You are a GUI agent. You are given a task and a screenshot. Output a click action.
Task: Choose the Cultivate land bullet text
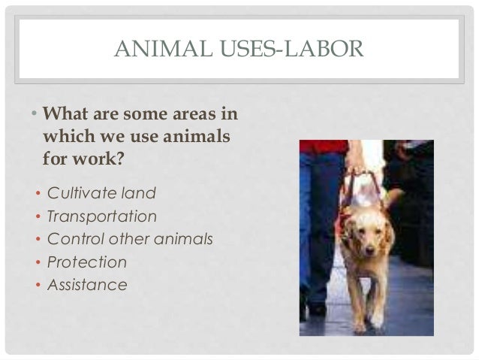coord(101,193)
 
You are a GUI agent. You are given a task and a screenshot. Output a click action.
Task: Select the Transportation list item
coord(102,216)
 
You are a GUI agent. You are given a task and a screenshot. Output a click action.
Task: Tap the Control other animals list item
coord(130,239)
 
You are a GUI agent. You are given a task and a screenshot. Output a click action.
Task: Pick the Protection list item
coord(86,262)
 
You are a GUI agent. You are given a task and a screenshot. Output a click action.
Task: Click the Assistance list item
coord(87,285)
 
